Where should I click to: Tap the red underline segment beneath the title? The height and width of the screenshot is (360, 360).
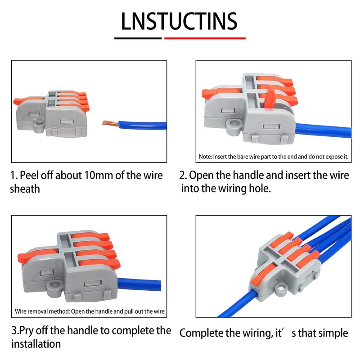click(205, 38)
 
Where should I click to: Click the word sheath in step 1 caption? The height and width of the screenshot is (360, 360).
click(25, 189)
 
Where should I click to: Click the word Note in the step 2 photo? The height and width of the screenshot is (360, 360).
click(207, 157)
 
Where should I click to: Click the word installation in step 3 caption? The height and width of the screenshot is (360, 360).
click(36, 344)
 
